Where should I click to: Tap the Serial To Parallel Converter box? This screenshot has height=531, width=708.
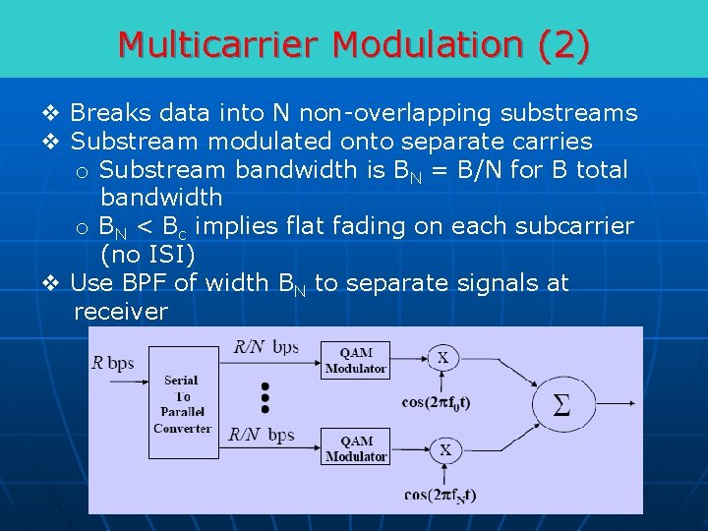(182, 402)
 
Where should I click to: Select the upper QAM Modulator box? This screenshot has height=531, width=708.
(356, 360)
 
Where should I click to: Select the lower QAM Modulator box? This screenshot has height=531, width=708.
(356, 448)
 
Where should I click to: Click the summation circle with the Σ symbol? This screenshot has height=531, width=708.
(560, 404)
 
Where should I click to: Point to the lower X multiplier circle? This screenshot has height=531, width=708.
(444, 449)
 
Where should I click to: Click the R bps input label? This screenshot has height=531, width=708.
(113, 362)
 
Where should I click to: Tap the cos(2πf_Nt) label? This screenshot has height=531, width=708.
(440, 495)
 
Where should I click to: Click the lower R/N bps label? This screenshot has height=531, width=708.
(262, 434)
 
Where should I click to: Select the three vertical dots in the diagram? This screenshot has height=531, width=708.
(265, 394)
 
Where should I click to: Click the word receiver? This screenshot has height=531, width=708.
(120, 312)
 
